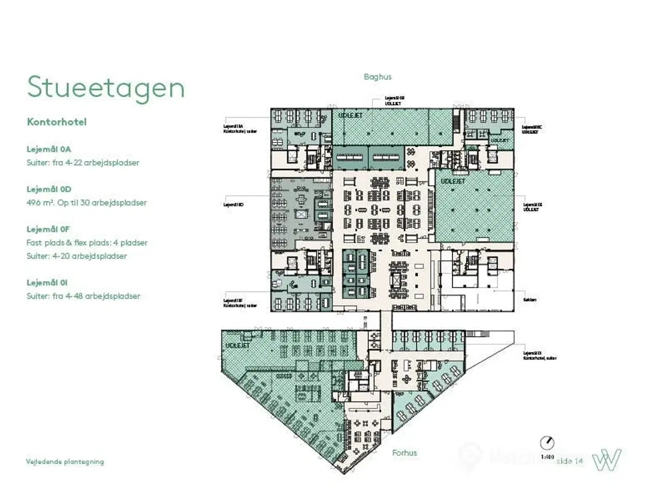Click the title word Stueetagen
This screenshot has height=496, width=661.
pos(106,87)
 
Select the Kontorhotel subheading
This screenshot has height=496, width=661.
pos(57,122)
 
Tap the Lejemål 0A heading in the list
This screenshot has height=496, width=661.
pos(49,149)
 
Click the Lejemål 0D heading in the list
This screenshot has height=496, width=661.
pos(49,189)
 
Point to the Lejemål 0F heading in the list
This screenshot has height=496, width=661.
pos(48,229)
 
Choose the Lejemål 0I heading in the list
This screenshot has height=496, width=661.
pos(47,283)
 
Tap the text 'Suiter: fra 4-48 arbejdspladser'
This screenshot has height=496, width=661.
pos(83,296)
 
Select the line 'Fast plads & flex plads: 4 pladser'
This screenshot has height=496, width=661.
pos(87,242)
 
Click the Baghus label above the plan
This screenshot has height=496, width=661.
pos(377,77)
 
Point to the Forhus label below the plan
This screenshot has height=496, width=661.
pos(404,453)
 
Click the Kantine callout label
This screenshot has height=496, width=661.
pos(530,300)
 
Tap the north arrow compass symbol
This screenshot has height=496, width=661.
pos(547,443)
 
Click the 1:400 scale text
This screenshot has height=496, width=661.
pos(547,457)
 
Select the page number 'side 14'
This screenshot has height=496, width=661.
pos(570,461)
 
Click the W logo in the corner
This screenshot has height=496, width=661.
pos(606,459)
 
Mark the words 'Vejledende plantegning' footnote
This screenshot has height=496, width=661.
pos(65,462)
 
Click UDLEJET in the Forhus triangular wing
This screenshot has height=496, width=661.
pos(238,345)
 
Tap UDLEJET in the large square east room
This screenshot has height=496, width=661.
pos(453,181)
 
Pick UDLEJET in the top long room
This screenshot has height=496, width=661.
pos(350,115)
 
